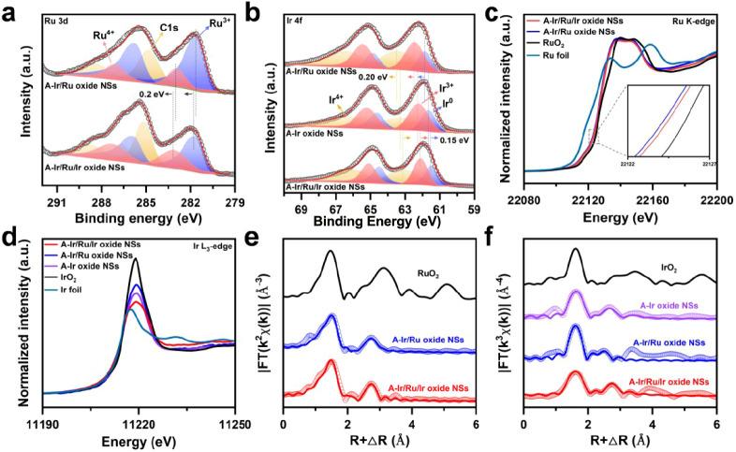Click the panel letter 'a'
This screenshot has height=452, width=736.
(10, 14)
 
